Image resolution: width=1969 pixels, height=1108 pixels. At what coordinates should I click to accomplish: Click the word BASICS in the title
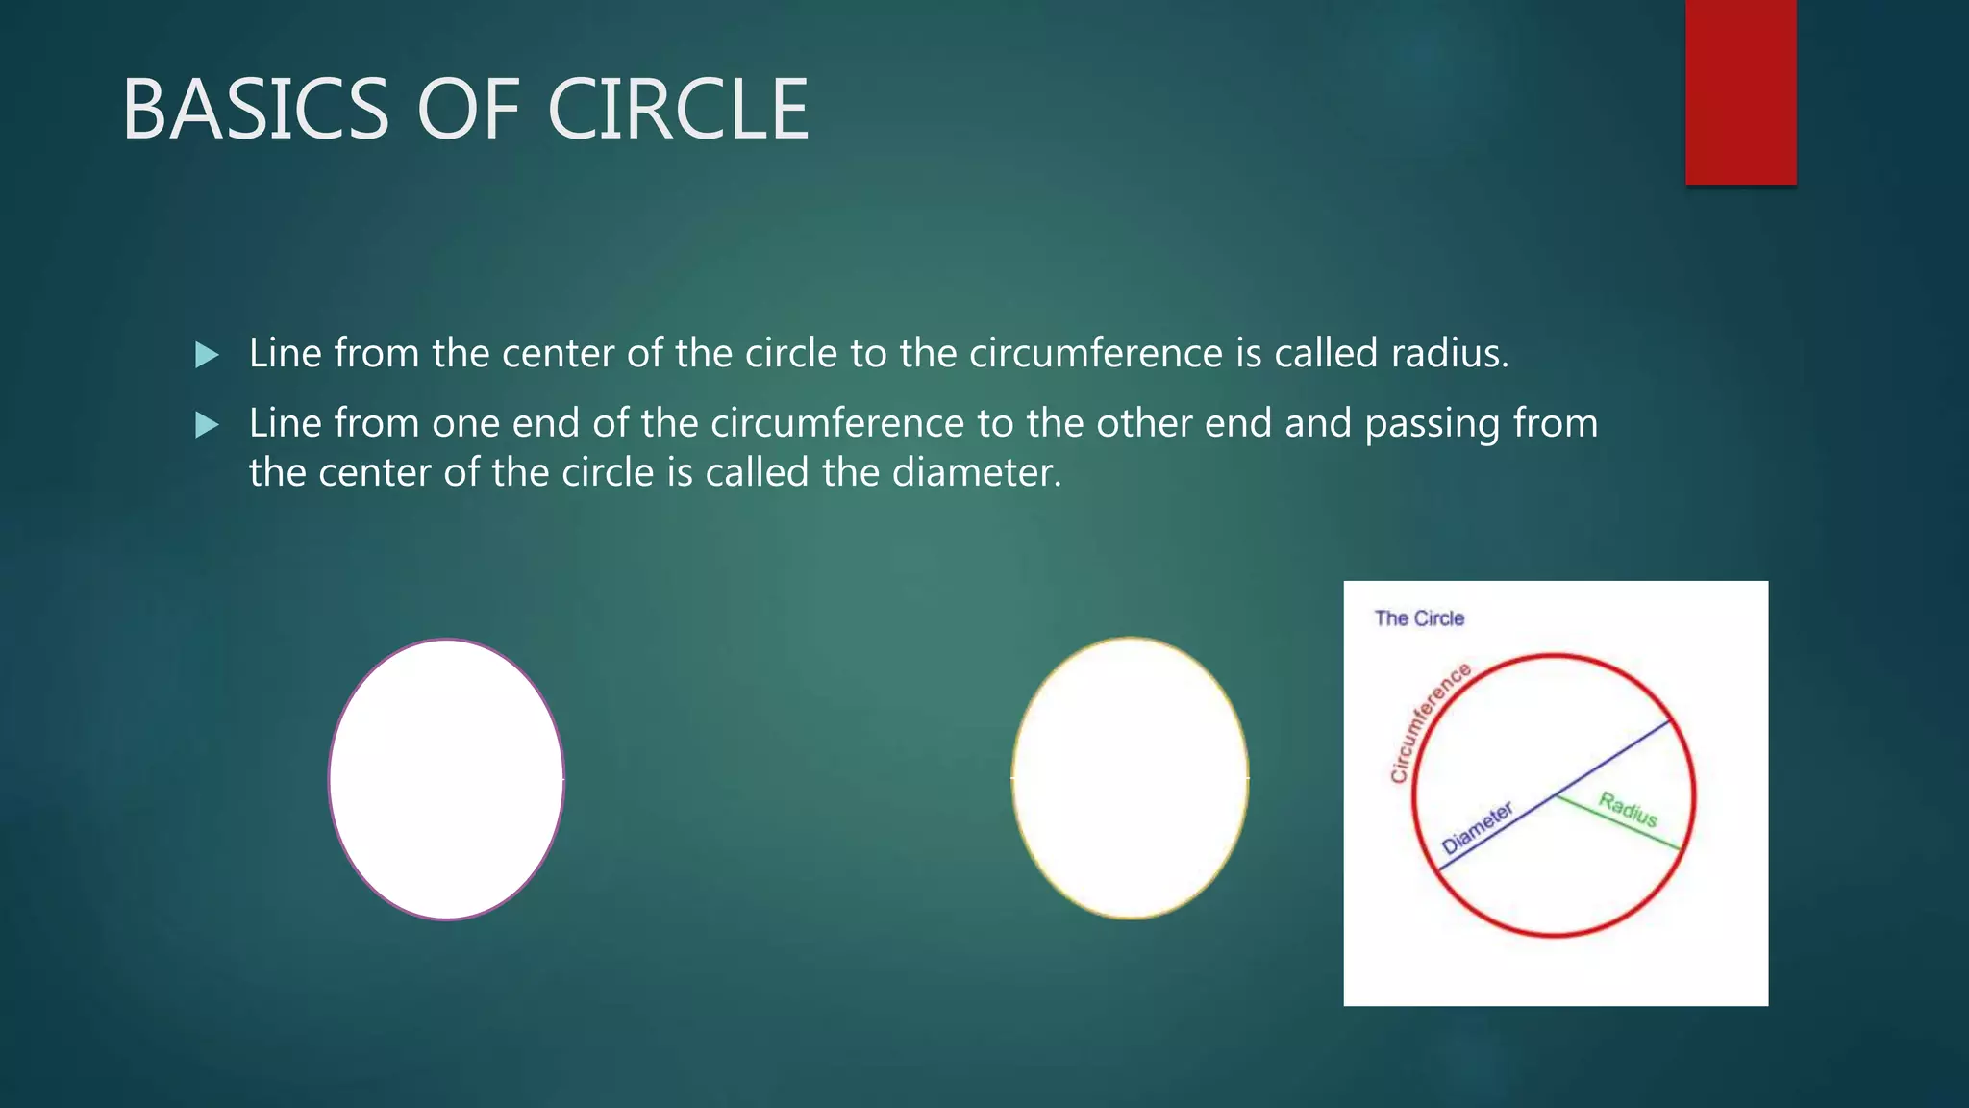[x=255, y=110]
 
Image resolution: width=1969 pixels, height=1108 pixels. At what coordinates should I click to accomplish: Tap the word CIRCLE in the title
[x=678, y=110]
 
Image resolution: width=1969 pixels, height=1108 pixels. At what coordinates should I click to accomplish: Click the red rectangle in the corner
[x=1740, y=91]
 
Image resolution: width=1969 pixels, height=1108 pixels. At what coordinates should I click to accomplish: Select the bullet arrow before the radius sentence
[x=207, y=355]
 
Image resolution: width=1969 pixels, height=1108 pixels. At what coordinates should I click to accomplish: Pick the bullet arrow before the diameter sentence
[x=207, y=424]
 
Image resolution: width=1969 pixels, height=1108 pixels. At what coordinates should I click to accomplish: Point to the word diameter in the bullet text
[x=976, y=472]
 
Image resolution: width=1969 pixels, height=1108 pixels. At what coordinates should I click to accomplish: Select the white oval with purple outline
[x=446, y=779]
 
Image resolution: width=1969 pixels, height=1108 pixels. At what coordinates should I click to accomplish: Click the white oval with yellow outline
[x=1130, y=777]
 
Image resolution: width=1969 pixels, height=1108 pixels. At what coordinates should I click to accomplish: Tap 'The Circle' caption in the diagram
[x=1419, y=618]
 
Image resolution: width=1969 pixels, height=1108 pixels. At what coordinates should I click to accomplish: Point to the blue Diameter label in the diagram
[x=1477, y=827]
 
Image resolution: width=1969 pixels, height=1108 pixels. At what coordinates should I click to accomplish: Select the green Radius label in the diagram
[x=1629, y=809]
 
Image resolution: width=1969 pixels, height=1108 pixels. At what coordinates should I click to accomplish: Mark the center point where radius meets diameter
[x=1556, y=795]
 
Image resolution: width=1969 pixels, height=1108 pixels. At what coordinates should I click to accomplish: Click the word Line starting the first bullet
[x=286, y=353]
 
